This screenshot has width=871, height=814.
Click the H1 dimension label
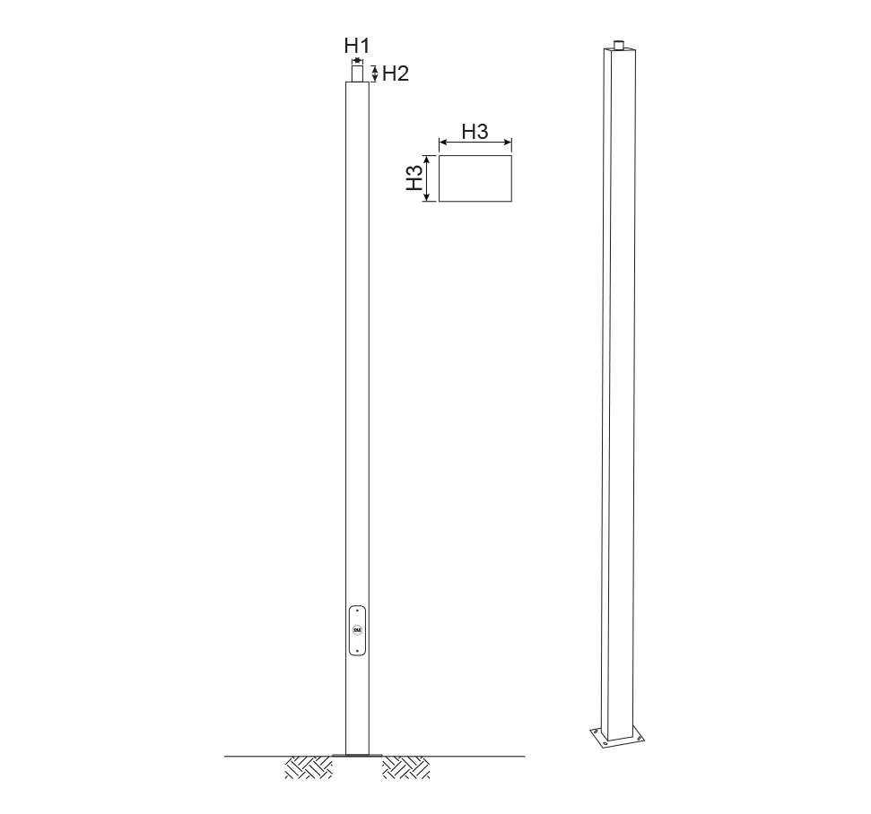click(x=357, y=46)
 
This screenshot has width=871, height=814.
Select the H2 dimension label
click(x=396, y=74)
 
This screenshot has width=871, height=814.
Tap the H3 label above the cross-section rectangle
click(x=475, y=132)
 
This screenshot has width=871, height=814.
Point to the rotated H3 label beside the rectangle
click(x=414, y=178)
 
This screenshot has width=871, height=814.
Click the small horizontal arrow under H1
click(x=357, y=60)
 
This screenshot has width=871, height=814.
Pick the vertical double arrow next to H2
click(x=375, y=74)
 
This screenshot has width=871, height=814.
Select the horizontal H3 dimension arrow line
click(x=475, y=143)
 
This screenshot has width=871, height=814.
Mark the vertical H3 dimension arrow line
click(x=427, y=178)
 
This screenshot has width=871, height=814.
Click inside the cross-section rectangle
click(x=475, y=178)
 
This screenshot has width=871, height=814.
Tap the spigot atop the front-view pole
click(x=357, y=74)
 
